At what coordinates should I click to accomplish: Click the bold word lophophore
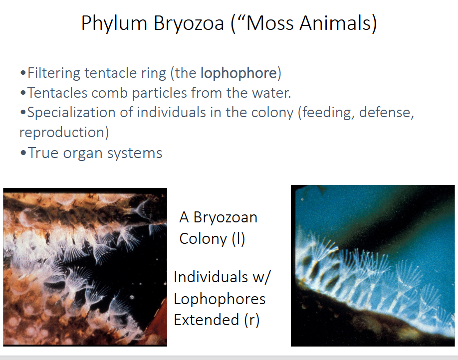[238, 73]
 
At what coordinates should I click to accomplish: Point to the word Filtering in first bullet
[53, 73]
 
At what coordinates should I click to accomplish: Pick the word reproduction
[64, 132]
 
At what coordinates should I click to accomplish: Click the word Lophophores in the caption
[220, 298]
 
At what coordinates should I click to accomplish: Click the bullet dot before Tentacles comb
[23, 93]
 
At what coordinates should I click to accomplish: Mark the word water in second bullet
[270, 93]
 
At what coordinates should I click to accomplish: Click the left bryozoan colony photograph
[85, 267]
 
